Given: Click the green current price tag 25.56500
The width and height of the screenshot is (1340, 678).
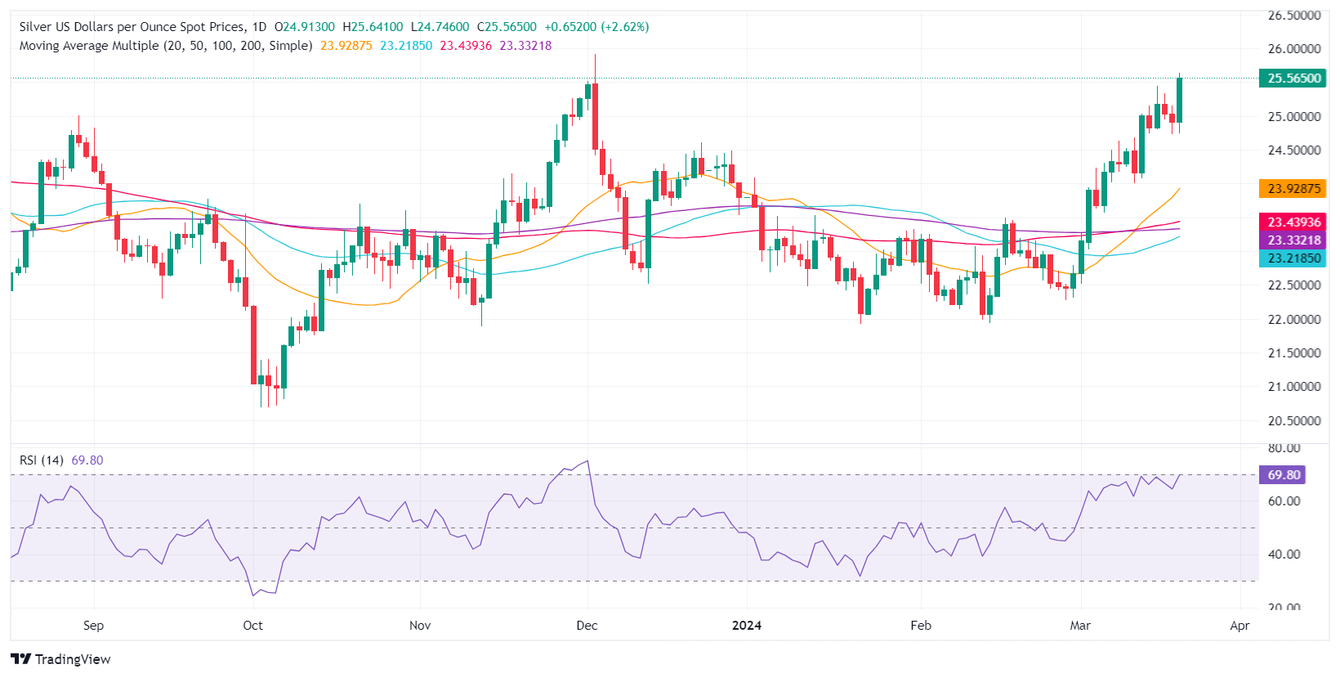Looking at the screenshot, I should click(x=1293, y=79).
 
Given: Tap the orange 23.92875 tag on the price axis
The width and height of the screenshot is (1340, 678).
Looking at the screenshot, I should click(x=1293, y=188).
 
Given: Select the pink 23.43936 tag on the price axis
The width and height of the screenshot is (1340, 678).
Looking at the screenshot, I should click(x=1293, y=222).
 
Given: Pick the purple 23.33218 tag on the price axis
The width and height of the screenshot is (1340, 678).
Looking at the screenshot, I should click(x=1293, y=240).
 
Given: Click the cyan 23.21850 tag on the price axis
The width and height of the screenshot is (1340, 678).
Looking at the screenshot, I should click(x=1293, y=258).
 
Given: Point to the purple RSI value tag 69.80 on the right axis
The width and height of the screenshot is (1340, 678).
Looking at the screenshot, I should click(x=1284, y=474).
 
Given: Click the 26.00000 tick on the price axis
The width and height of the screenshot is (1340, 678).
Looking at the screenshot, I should click(x=1294, y=49).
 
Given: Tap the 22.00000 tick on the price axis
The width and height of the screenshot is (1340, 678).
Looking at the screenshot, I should click(x=1294, y=319).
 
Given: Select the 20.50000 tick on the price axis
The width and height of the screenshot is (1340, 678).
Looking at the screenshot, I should click(x=1294, y=420).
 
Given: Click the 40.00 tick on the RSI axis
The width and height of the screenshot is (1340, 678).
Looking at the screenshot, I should click(x=1284, y=554).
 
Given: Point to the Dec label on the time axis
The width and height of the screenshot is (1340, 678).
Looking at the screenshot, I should click(x=587, y=626).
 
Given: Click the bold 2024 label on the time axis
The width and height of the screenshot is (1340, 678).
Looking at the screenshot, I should click(x=746, y=626).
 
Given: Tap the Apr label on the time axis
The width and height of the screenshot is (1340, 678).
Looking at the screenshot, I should click(x=1239, y=626).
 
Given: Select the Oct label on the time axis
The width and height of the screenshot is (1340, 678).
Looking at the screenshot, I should click(x=252, y=626).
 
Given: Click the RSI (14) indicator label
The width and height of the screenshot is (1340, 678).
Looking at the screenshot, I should click(x=42, y=460).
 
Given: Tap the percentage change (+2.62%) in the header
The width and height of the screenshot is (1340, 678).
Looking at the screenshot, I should click(x=625, y=27).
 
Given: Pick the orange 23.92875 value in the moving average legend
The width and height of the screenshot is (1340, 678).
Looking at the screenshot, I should click(x=346, y=46).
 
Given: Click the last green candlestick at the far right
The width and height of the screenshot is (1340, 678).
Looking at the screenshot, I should click(x=1179, y=100).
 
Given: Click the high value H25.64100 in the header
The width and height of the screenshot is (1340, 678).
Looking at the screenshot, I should click(x=373, y=27).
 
